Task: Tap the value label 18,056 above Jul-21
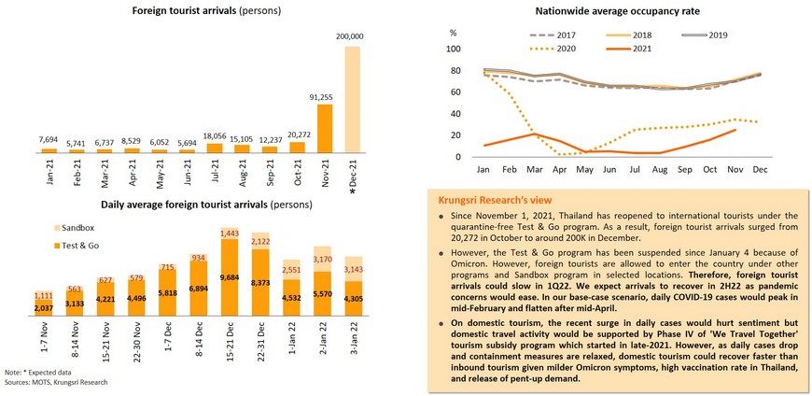coord(214,134)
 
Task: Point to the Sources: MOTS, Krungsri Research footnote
coord(55,382)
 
